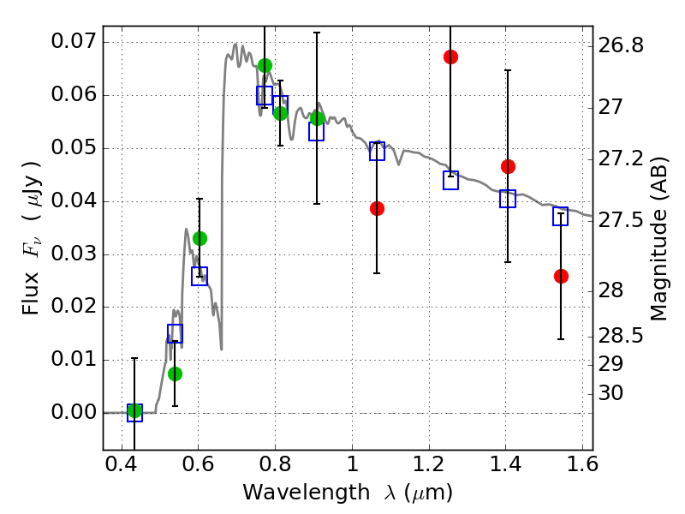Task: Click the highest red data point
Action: pos(450,57)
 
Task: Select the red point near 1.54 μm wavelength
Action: pos(561,276)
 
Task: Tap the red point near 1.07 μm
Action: pos(377,208)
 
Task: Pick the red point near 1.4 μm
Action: pos(508,166)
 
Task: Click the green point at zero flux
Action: pos(134,411)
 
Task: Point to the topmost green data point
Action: pos(265,65)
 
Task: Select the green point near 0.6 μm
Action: pos(200,238)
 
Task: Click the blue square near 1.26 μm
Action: pos(450,180)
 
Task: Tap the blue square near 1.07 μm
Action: pos(377,152)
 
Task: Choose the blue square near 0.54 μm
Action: pos(175,333)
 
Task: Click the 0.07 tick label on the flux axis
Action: pos(74,42)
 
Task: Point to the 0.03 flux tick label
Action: pos(74,254)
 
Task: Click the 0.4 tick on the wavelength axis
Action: pos(122,467)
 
